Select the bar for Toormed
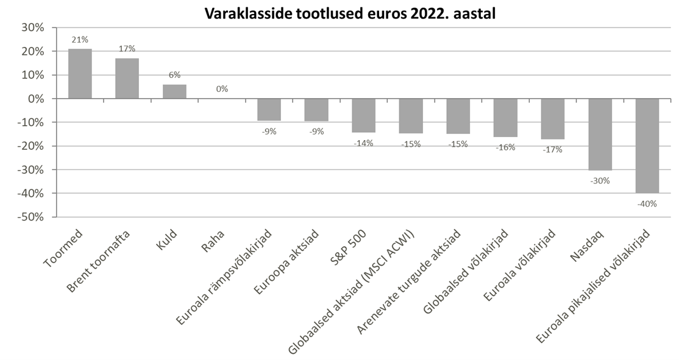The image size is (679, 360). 80,74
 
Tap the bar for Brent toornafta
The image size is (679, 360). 127,79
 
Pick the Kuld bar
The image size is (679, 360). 174,91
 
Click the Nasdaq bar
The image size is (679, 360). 600,134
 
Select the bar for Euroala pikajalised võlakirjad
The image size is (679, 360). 647,146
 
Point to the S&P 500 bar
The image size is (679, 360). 363,115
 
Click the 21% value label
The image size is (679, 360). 79,40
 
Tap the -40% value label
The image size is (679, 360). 647,203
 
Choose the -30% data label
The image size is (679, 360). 600,180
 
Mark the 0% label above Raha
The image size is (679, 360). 222,89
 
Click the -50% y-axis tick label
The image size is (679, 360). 30,217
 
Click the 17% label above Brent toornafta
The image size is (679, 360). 127,49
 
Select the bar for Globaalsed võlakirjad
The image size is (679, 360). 505,118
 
